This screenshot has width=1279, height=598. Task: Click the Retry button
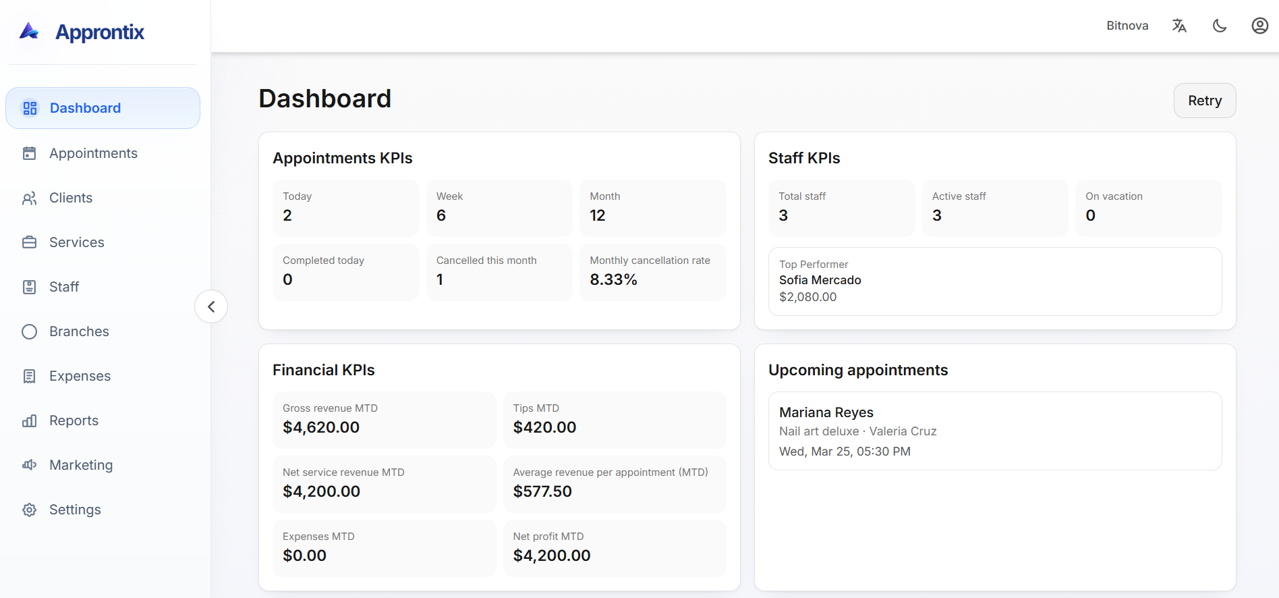(x=1204, y=101)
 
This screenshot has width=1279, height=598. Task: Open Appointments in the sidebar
(x=93, y=153)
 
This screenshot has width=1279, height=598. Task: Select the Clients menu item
(x=70, y=198)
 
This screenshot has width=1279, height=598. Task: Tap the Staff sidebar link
(x=64, y=287)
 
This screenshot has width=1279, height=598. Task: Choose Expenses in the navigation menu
(x=80, y=376)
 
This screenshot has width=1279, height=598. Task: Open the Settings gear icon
(x=29, y=510)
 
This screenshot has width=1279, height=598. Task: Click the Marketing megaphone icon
(x=29, y=465)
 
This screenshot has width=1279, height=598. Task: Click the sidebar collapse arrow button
(x=211, y=306)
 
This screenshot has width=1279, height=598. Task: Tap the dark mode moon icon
(x=1219, y=26)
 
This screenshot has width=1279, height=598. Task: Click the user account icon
(x=1259, y=26)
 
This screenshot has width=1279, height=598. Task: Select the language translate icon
(x=1178, y=26)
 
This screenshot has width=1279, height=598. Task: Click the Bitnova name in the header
(x=1127, y=26)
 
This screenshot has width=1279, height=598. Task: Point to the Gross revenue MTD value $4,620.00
(x=321, y=427)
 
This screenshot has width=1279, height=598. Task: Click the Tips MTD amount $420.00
(x=544, y=427)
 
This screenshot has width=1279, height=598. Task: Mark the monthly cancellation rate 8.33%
(x=613, y=279)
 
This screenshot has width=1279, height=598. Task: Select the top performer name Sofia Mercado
(x=820, y=280)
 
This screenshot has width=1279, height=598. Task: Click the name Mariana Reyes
(x=826, y=412)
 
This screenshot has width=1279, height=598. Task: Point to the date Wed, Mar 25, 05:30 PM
(x=845, y=452)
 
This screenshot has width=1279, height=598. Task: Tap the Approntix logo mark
(x=29, y=31)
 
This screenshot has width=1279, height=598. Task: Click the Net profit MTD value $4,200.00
(x=551, y=555)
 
